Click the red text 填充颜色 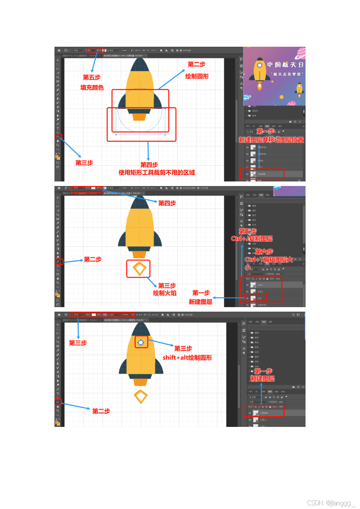click(92, 88)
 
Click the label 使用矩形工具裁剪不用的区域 click(157, 172)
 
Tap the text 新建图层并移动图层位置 click(271, 140)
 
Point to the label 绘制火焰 click(164, 293)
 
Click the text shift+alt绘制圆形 click(187, 357)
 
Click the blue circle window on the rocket click(141, 343)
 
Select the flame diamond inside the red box click(138, 269)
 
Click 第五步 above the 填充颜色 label click(91, 77)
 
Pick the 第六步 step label click(264, 251)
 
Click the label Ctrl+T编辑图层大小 click(269, 263)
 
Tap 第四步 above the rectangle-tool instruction click(149, 165)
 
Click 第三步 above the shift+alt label click(183, 348)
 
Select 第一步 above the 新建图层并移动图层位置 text click(266, 131)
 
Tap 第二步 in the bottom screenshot click(101, 411)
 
